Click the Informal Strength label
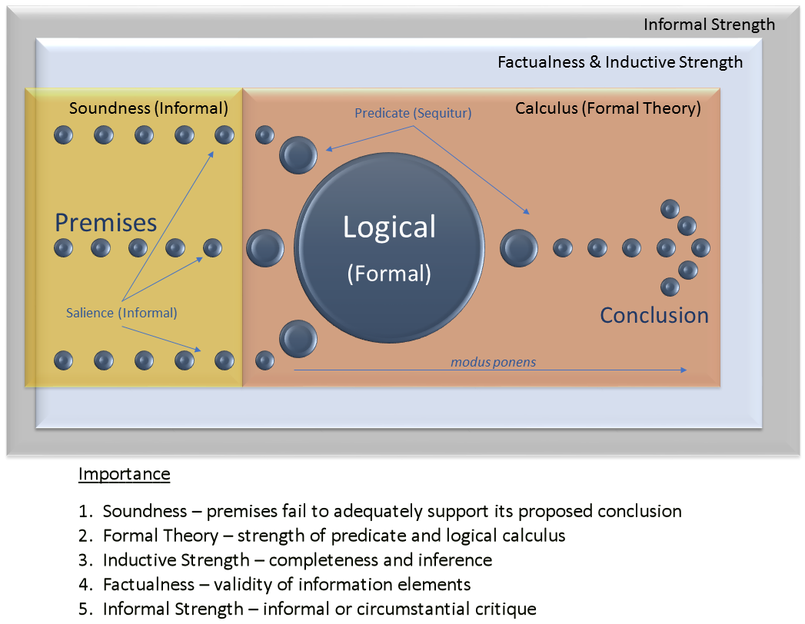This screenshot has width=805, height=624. click(x=709, y=25)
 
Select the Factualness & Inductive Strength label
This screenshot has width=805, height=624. click(x=620, y=62)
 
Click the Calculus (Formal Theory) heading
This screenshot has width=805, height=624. click(x=607, y=108)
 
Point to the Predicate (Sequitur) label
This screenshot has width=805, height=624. click(x=413, y=113)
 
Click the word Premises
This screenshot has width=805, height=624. click(x=105, y=223)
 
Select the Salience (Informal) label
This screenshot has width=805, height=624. click(x=121, y=313)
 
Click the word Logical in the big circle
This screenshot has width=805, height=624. click(x=389, y=227)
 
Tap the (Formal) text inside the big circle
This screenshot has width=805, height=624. click(x=389, y=273)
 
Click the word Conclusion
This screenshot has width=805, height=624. click(x=654, y=315)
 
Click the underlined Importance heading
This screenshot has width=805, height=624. click(x=124, y=474)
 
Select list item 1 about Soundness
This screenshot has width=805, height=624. click(x=380, y=512)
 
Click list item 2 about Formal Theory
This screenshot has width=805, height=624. click(x=322, y=536)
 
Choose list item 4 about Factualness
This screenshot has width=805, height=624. click(x=274, y=586)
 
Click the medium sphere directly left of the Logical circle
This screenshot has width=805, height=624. click(x=265, y=248)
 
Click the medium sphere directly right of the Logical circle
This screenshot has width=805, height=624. click(x=519, y=247)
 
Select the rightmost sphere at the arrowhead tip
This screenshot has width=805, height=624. click(x=700, y=247)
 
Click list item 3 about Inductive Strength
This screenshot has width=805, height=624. click(x=285, y=561)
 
